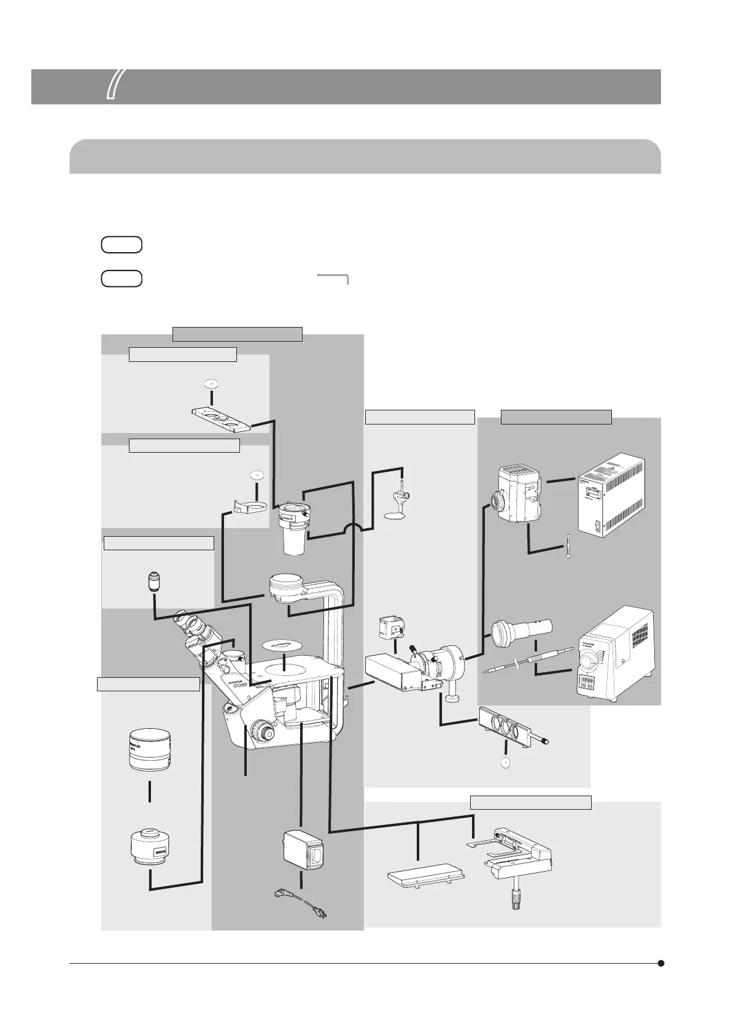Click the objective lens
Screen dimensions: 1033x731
(153, 582)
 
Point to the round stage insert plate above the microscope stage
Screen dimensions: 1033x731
(284, 645)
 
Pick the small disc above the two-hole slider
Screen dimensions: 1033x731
(211, 383)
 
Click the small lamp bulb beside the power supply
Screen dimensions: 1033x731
(570, 545)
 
